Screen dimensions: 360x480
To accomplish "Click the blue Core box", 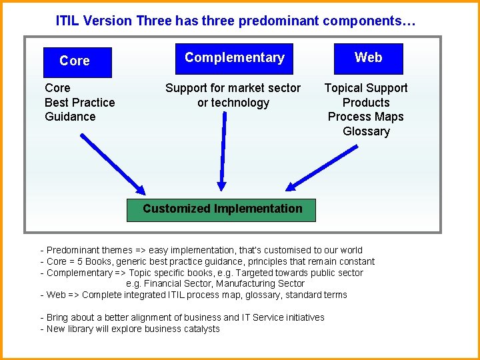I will [x=77, y=62].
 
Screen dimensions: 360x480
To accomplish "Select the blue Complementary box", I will [x=234, y=59].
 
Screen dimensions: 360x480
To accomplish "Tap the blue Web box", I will [x=368, y=59].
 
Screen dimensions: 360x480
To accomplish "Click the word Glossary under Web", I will [x=366, y=131].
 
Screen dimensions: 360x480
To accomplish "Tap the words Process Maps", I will [x=366, y=117].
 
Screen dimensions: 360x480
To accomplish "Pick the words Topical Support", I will [x=366, y=88].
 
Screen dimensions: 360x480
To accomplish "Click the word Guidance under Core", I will [x=70, y=117].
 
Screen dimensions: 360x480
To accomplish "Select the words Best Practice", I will [x=79, y=103].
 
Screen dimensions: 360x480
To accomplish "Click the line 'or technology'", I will [x=233, y=103].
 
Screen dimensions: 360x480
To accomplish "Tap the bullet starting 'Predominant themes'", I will [x=201, y=250].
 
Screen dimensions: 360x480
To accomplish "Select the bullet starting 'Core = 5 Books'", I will [x=207, y=261].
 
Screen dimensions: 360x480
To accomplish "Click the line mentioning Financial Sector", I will [x=215, y=283].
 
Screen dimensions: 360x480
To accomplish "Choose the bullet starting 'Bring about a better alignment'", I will [x=182, y=317].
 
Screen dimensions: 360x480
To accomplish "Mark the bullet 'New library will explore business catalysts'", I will [x=130, y=329].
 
